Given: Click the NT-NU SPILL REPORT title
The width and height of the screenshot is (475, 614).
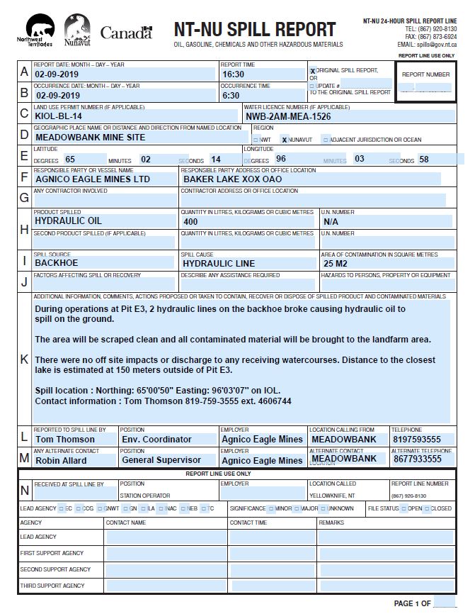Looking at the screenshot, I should pos(255,30).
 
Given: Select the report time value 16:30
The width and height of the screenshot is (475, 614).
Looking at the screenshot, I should pos(233,74).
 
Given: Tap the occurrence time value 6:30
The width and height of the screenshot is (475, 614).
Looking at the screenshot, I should pos(231,95).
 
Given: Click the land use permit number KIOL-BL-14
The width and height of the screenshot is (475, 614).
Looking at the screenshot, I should pos(59,116).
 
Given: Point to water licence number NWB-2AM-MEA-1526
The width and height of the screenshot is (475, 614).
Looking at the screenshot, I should pos(288,116).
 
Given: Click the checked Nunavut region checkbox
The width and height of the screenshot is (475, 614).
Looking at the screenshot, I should pos(284,140).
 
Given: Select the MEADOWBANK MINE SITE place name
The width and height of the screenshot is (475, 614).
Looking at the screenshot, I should pos(90,137).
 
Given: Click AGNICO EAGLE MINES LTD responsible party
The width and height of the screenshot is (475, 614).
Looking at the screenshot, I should pos(93,179).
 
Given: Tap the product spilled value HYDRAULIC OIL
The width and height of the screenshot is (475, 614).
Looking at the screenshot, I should pos(69,221).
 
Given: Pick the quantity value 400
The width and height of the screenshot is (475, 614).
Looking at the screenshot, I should pos(191,221).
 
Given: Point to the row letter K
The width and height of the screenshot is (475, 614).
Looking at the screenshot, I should pos(24,359).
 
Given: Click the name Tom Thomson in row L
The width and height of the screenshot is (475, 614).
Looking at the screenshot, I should pos(65,439).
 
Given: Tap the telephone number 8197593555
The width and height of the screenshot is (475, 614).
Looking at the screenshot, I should pos(416,439).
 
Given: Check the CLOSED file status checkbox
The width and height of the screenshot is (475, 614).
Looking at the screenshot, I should pos(428,508).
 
